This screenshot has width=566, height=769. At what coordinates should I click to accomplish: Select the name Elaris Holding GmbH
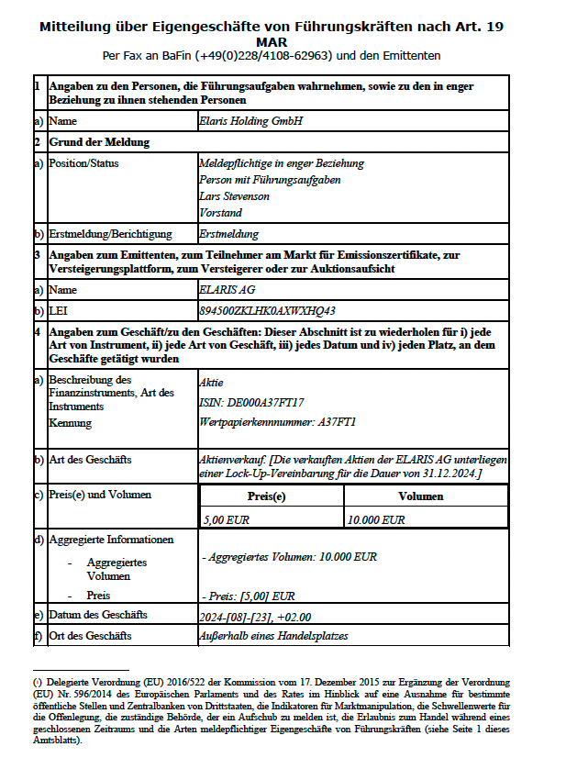point(250,120)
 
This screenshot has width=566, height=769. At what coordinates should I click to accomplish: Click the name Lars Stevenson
point(234,195)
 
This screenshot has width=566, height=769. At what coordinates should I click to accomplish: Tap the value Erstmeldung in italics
point(228,234)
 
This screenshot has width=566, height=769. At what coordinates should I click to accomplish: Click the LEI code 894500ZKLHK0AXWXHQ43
point(267,310)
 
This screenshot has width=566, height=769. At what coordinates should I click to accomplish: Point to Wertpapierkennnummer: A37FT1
point(277,422)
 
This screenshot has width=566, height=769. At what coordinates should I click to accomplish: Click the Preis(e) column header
point(272,496)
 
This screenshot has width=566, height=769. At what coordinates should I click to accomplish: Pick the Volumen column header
point(421,496)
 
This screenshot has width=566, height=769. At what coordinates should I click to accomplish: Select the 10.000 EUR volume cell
point(375,519)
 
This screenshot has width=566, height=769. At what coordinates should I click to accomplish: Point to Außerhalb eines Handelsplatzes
point(273,635)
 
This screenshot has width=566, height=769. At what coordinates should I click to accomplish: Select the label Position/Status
point(83,163)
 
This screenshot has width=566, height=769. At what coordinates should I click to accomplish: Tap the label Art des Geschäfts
point(90,459)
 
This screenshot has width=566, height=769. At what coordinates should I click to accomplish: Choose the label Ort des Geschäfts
point(90,635)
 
